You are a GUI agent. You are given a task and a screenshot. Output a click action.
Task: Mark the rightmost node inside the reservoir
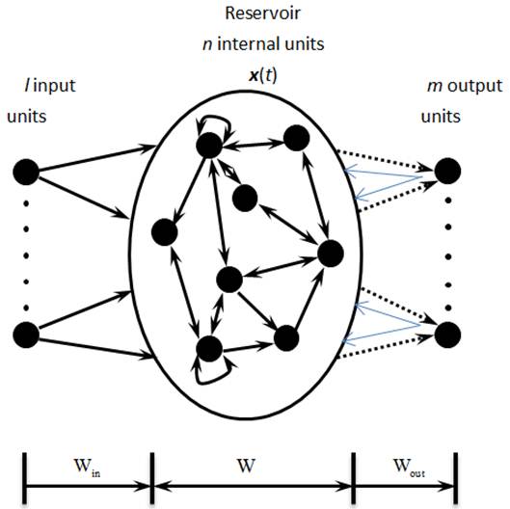pyautogui.click(x=330, y=254)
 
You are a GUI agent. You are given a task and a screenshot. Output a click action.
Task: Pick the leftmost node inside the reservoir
pyautogui.click(x=164, y=233)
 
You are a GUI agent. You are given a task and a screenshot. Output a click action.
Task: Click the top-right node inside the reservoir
pyautogui.click(x=295, y=138)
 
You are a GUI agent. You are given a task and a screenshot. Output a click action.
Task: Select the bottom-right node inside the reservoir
pyautogui.click(x=285, y=337)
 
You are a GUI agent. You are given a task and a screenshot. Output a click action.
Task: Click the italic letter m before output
pyautogui.click(x=431, y=87)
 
